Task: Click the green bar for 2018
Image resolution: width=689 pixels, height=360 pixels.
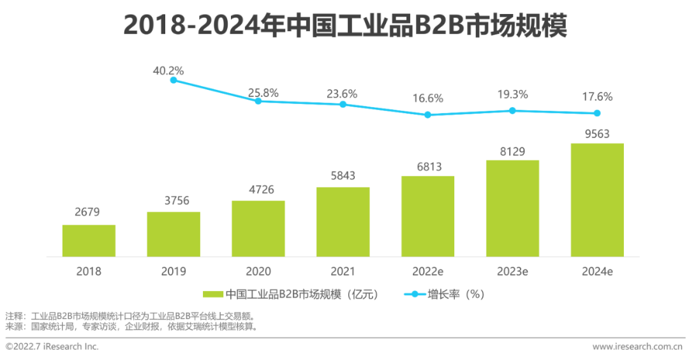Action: pos(89,241)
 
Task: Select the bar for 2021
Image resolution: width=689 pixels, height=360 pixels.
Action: pos(343,221)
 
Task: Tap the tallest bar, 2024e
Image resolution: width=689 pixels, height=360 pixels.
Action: pos(597,200)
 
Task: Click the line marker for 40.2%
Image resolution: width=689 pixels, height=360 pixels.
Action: pos(173,80)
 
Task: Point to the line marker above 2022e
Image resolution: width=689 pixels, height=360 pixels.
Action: pos(427,115)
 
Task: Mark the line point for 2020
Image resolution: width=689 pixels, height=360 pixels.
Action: pos(258,101)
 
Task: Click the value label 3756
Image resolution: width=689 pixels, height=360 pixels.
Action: pos(173,200)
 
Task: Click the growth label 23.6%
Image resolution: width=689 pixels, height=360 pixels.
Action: pos(343,94)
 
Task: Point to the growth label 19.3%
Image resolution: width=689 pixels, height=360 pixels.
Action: pos(512,94)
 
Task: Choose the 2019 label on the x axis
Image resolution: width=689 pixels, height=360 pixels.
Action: pos(173,271)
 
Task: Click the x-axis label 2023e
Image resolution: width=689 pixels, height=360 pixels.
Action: pos(512,271)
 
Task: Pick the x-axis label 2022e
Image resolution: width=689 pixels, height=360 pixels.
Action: pos(427,271)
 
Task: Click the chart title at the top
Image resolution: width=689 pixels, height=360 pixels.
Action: pos(344,27)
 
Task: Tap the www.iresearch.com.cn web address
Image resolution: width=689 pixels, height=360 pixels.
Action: pos(637,347)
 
